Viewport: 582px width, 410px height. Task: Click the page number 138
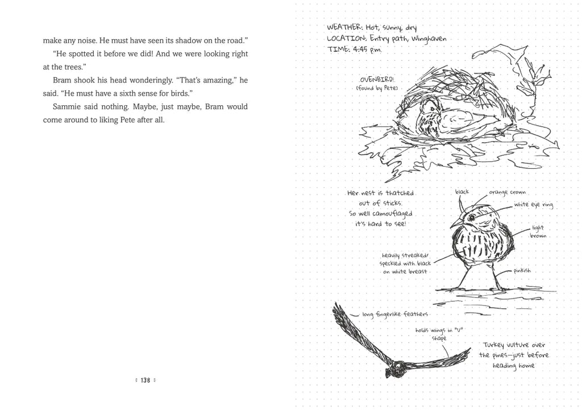[145, 380]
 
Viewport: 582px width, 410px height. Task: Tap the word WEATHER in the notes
[344, 27]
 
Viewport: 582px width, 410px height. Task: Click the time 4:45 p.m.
[367, 49]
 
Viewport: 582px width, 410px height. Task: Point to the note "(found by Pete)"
[377, 88]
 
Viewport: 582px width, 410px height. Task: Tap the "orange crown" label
[507, 193]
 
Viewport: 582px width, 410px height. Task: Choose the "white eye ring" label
[533, 204]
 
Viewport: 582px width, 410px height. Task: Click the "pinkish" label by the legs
[522, 271]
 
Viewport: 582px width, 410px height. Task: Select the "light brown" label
[538, 231]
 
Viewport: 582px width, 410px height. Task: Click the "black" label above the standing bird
[462, 192]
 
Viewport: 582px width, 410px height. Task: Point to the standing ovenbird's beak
[453, 225]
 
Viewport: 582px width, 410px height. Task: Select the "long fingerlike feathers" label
[395, 314]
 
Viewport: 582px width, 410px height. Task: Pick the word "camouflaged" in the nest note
[392, 214]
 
